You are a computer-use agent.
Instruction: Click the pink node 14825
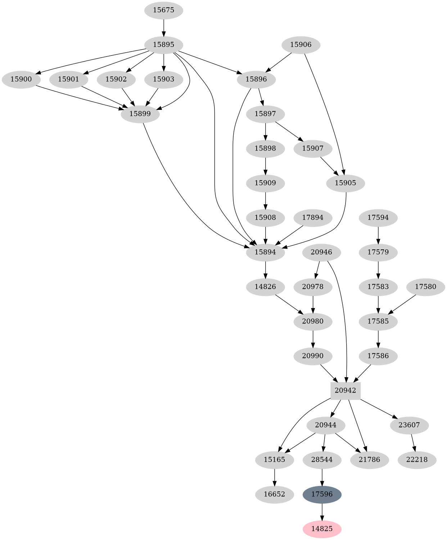click(322, 529)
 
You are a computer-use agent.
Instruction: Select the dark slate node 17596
click(322, 494)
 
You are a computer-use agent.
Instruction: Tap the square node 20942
click(346, 391)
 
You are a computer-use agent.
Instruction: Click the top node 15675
click(164, 10)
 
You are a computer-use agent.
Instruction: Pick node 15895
click(164, 45)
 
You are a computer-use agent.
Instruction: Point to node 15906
click(301, 45)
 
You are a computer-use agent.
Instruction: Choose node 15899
click(140, 114)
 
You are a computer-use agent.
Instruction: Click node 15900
click(21, 79)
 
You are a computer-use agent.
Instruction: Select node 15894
click(265, 252)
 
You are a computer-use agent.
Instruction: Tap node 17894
click(313, 218)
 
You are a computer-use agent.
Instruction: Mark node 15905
click(346, 183)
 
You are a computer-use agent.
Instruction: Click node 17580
click(425, 287)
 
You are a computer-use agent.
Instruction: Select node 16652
click(274, 494)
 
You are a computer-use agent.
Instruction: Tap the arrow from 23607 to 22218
click(414, 442)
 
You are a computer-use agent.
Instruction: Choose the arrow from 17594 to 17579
click(378, 235)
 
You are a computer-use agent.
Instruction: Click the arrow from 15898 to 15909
click(265, 166)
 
